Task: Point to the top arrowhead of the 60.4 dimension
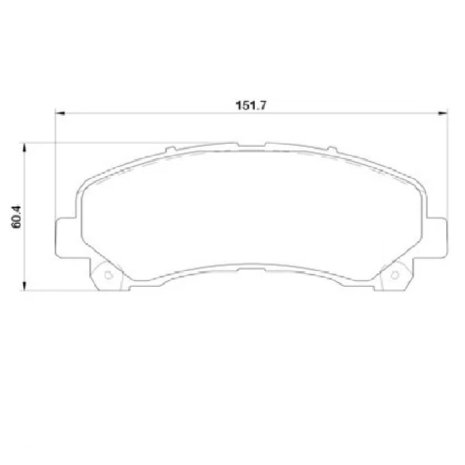pyautogui.click(x=23, y=146)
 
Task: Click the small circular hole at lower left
pyautogui.click(x=108, y=275)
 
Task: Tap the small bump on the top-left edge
pyautogui.click(x=171, y=151)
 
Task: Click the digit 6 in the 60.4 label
pyautogui.click(x=17, y=227)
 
